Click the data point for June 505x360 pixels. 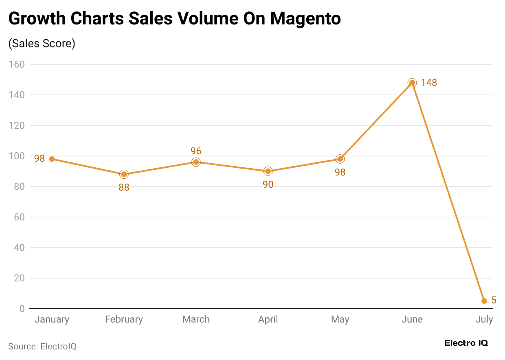point(412,83)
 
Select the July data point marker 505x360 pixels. point(484,301)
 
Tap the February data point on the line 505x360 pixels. point(124,174)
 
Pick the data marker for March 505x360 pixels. point(196,162)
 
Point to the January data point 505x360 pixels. point(52,159)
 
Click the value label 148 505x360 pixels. point(429,83)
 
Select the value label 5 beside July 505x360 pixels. point(494,300)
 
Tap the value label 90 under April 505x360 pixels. point(268,184)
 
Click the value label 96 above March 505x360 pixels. point(196,151)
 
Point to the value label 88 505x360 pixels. point(124,187)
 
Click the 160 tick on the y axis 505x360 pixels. point(17,64)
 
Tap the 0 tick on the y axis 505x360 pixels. point(22,309)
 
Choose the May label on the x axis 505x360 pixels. point(340,319)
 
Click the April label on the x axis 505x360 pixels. point(268,319)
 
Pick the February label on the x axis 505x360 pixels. point(124,319)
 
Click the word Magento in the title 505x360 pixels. point(305,18)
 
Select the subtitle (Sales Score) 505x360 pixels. point(42,44)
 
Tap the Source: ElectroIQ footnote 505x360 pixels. point(42,347)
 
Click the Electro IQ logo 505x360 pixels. point(466,343)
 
